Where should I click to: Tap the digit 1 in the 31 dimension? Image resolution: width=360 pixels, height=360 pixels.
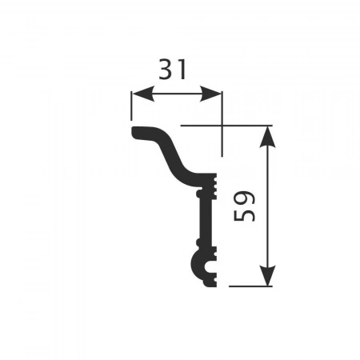click(x=182, y=70)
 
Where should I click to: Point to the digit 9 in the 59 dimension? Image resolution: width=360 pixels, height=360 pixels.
click(x=244, y=198)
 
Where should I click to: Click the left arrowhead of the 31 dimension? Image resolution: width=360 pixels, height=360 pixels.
click(x=143, y=94)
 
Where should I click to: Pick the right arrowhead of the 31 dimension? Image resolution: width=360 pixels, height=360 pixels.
click(x=210, y=94)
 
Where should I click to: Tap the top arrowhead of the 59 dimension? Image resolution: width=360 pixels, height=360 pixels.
click(x=267, y=137)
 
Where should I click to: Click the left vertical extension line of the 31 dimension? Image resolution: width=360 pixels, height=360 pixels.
click(x=131, y=106)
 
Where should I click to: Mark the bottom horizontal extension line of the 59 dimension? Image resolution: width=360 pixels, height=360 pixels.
click(x=250, y=286)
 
